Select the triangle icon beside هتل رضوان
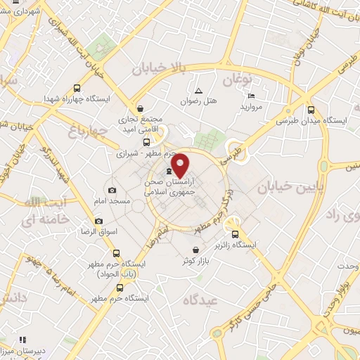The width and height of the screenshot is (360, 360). click(198, 91)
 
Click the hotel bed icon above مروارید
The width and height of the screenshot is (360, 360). click(251, 96)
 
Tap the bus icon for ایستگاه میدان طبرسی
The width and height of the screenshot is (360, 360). click(311, 109)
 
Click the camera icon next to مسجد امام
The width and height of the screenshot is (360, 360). click(112, 191)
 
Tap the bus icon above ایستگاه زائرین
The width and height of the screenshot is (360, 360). click(236, 235)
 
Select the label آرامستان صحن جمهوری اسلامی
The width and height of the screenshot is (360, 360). click(169, 186)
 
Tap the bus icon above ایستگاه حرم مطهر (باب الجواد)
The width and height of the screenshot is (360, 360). click(116, 253)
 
